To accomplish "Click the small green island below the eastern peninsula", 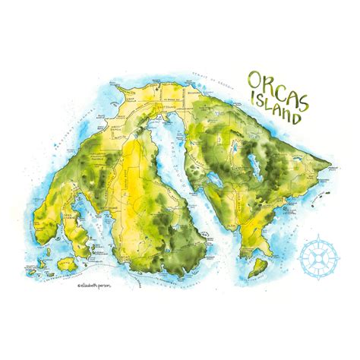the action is tap(263, 265).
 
